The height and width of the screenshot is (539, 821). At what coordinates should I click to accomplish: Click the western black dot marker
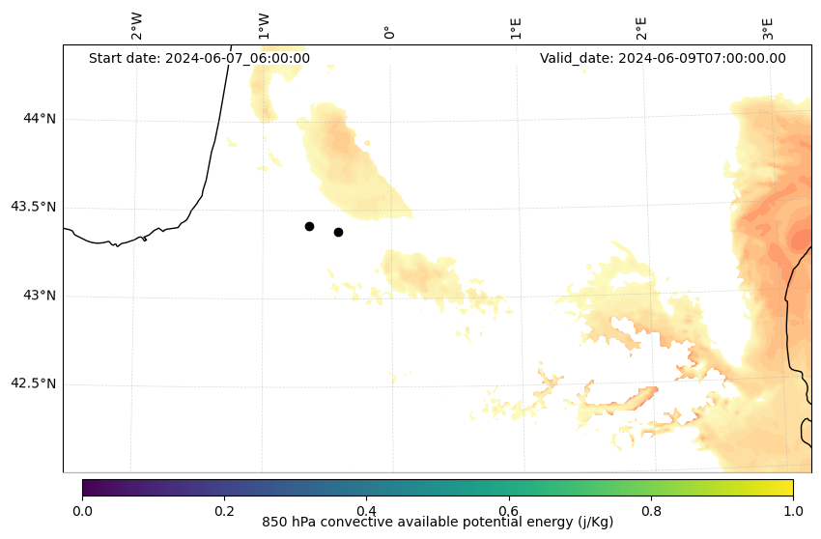click(309, 226)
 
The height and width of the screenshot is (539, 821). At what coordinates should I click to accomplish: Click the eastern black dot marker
click(338, 232)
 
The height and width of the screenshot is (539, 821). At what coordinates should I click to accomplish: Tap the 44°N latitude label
click(40, 119)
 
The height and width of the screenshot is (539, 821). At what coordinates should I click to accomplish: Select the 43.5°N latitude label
click(34, 207)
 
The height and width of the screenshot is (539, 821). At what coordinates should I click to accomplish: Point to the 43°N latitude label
click(40, 296)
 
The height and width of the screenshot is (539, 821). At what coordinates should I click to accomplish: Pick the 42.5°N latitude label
click(34, 383)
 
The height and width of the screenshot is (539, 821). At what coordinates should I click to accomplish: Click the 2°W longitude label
click(137, 26)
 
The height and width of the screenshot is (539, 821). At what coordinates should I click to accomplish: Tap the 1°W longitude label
click(264, 26)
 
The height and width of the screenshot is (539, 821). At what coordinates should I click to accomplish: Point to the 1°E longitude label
click(516, 28)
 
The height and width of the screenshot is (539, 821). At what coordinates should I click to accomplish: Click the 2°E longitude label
click(641, 28)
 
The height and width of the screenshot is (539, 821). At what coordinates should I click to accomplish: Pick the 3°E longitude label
click(768, 28)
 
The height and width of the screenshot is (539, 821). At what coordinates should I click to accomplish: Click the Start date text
click(199, 58)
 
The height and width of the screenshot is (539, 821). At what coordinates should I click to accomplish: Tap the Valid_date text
click(663, 58)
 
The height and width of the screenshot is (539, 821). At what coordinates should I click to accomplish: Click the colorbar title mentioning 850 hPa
click(438, 523)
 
